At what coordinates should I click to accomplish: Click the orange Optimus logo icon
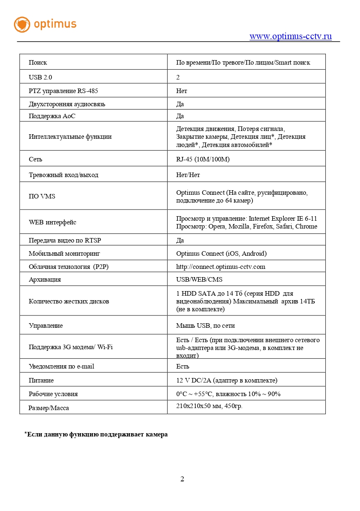coord(22,25)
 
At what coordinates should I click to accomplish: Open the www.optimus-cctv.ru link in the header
coord(290,36)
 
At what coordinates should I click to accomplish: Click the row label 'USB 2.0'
coord(40,77)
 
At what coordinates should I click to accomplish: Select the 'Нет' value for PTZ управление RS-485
coord(182,91)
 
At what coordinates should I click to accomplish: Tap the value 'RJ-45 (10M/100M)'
coord(203,159)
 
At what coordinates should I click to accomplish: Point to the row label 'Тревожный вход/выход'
coord(63,175)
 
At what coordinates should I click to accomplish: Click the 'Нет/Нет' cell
coord(188,175)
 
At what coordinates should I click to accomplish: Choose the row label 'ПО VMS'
coord(42,196)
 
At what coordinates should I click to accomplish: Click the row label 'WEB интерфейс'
coord(52,222)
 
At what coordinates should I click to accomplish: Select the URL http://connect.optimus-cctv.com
coord(220,266)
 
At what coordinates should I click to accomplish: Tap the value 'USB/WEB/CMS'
coord(199,279)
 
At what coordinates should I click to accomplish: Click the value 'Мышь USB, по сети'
coord(205,325)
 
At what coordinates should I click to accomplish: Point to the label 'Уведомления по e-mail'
coord(61,366)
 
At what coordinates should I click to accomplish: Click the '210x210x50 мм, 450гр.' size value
coord(209,406)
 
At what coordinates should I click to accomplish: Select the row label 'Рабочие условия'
coord(53,394)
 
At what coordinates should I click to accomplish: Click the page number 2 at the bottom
coord(182,478)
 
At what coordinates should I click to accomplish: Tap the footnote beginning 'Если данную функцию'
coord(97,434)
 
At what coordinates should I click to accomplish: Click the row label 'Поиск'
coord(38,63)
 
